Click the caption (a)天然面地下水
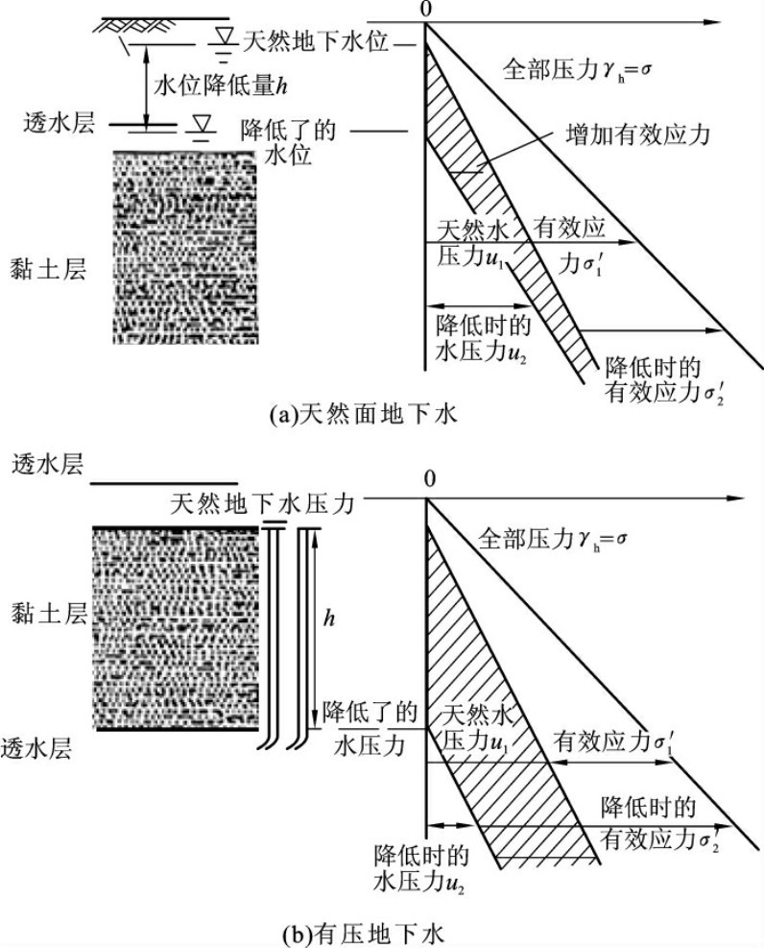[x=364, y=415]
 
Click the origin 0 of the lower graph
[x=429, y=477]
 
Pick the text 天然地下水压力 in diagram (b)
[x=263, y=502]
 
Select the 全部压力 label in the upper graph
[x=565, y=69]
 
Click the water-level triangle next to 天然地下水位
[x=223, y=36]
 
